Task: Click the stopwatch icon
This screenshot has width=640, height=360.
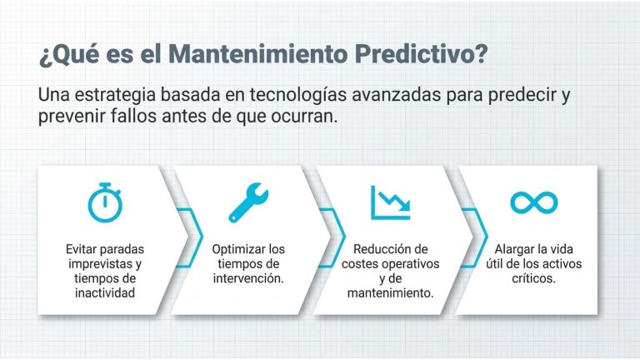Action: click(x=105, y=202)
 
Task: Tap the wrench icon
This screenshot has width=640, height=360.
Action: click(x=248, y=202)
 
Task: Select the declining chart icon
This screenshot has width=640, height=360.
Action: click(x=390, y=202)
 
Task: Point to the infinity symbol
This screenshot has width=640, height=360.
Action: click(x=534, y=202)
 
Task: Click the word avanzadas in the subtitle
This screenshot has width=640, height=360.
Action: click(x=397, y=95)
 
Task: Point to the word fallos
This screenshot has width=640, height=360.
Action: click(x=134, y=117)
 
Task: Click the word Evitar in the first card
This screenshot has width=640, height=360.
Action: click(x=81, y=249)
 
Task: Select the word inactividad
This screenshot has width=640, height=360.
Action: click(x=105, y=293)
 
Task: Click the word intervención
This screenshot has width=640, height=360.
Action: click(x=248, y=278)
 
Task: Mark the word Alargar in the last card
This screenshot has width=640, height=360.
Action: click(x=514, y=249)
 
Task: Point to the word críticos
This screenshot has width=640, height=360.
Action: click(x=534, y=278)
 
